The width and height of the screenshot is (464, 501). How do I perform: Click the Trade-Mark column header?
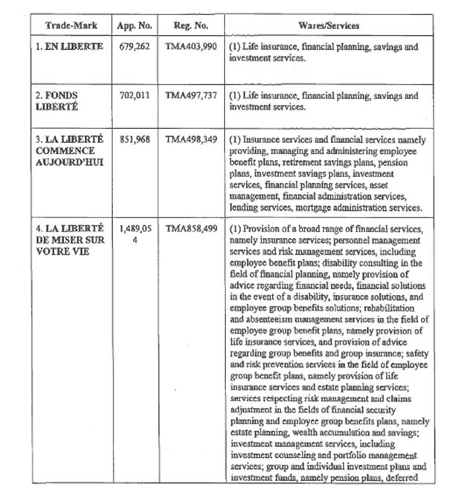67,25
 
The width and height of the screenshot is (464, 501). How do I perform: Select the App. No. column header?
135,25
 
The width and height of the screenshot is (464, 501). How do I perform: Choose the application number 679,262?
135,46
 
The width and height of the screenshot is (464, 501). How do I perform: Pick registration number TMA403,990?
190,46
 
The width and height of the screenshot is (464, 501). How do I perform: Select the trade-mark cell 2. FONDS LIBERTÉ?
58,101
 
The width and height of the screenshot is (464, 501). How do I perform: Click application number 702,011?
135,96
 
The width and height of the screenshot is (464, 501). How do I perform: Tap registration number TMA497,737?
190,96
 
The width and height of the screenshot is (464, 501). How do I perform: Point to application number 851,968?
135,140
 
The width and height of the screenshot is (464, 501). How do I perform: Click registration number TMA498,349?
190,140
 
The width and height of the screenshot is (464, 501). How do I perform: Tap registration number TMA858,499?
190,229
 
